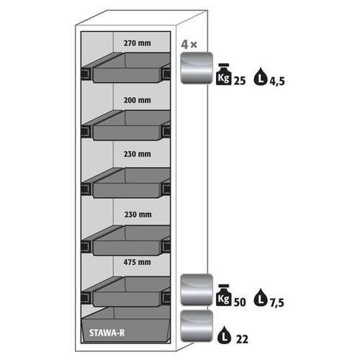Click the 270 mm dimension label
click(138, 43)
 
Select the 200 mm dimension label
click(138, 100)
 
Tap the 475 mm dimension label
click(138, 262)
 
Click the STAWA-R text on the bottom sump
click(107, 333)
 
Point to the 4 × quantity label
click(189, 45)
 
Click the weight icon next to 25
click(224, 74)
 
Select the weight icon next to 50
click(224, 295)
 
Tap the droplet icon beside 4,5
click(261, 77)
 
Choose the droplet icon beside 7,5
click(261, 297)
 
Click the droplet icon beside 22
click(224, 335)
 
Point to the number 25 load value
click(240, 81)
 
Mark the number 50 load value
click(240, 302)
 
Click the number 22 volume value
click(242, 339)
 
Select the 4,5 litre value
click(277, 81)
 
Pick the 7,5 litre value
click(277, 302)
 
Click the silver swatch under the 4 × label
click(197, 68)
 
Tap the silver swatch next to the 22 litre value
click(197, 325)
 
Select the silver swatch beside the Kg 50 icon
click(197, 289)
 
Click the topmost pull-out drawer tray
click(126, 68)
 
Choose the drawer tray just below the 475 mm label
click(126, 292)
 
